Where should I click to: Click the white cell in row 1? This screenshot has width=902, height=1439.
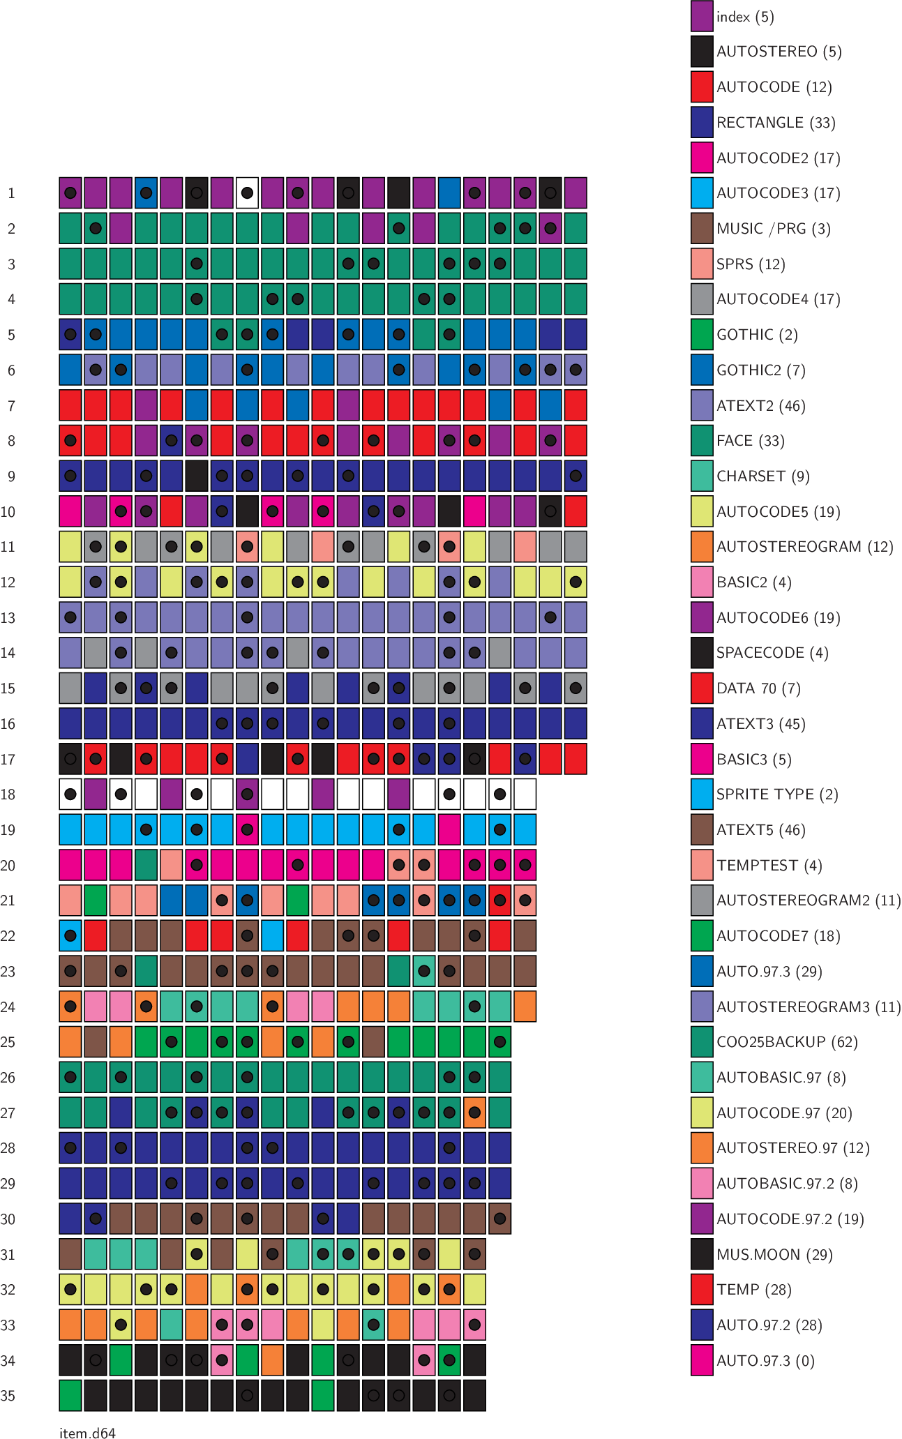coord(247,193)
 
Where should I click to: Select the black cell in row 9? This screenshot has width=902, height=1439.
coord(197,476)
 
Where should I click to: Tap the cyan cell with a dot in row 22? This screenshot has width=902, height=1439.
coord(70,935)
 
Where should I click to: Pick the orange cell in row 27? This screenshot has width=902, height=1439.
coord(474,1113)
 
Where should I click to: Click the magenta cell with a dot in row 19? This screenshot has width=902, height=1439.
coord(247,829)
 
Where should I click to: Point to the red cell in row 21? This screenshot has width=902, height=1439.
coord(499,901)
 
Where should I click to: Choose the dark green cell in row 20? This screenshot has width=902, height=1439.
coord(146,865)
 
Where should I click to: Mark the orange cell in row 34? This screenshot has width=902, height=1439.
coord(272,1360)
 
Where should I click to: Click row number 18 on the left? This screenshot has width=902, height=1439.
coord(8,794)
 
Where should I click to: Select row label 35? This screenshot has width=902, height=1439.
coord(8,1396)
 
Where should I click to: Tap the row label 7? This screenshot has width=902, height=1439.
coord(11,405)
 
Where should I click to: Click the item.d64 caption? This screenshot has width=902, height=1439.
coord(87,1433)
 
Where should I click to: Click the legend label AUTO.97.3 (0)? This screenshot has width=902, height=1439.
coord(765,1360)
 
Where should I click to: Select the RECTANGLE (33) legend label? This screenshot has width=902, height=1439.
coord(776,122)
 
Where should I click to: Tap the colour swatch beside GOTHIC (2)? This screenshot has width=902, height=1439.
coord(702,334)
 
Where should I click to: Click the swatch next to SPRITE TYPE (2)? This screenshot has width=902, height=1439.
coord(702,794)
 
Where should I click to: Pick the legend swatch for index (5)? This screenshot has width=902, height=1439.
coord(702,16)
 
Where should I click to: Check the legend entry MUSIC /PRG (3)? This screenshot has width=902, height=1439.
coord(773,228)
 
